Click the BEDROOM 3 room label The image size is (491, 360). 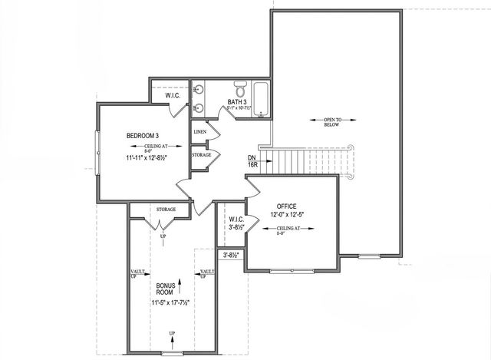[142, 136]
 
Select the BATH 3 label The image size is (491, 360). [236, 101]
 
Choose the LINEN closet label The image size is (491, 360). [200, 131]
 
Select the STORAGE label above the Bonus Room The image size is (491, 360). [166, 209]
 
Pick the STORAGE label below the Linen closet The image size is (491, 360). [202, 155]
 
